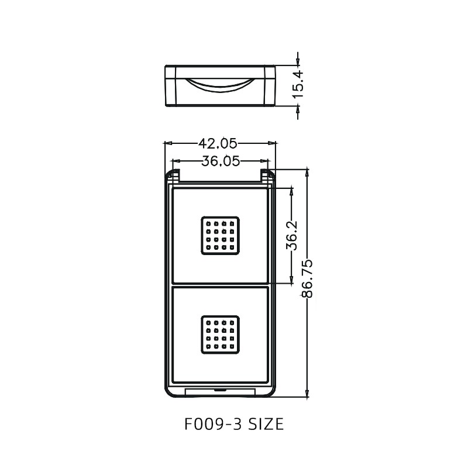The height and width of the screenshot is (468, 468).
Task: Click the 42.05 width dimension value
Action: [x=219, y=143]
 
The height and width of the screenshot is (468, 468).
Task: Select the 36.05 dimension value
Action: [x=219, y=162]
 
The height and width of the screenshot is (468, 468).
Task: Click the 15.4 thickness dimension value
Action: [x=298, y=82]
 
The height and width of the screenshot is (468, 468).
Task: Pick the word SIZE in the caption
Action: [x=263, y=424]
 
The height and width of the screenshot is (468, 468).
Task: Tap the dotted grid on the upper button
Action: [x=221, y=236]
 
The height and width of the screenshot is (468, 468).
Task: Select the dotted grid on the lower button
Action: [x=221, y=335]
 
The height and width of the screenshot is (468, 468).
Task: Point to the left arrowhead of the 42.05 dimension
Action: [x=167, y=143]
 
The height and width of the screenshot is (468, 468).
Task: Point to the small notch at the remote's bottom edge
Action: [x=220, y=389]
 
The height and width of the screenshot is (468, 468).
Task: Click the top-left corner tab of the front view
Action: [x=174, y=175]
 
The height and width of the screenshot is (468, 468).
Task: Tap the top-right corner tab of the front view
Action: [x=266, y=175]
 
